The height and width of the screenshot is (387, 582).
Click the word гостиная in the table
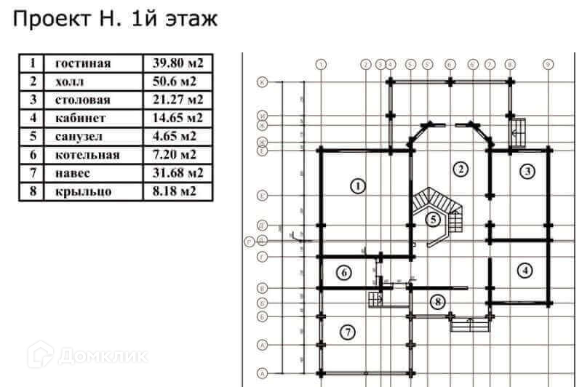click(83, 63)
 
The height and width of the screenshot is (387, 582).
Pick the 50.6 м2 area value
click(172, 81)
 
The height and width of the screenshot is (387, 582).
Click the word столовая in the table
click(82, 100)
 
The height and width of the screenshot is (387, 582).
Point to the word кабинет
click(81, 118)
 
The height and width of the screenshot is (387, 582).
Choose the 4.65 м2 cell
click(172, 136)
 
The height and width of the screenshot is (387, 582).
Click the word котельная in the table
click(87, 154)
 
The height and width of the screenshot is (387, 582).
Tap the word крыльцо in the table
click(81, 191)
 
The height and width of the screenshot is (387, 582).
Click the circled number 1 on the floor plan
click(356, 187)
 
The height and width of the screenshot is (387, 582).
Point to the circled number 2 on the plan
click(460, 170)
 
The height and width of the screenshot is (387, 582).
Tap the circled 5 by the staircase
click(434, 220)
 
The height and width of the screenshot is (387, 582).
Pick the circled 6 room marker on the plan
click(345, 273)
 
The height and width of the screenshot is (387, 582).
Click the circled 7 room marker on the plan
click(349, 332)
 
